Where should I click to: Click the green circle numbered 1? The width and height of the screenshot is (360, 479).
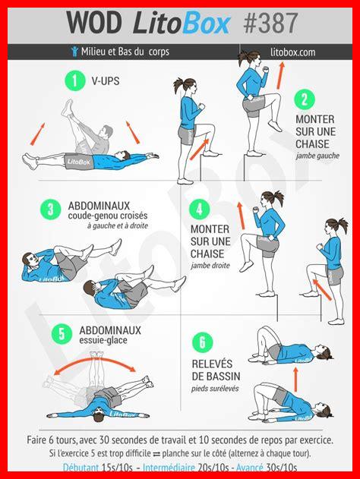point(74,80)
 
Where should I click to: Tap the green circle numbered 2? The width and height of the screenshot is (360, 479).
point(305,100)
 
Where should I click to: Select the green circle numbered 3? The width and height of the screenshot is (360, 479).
point(51,210)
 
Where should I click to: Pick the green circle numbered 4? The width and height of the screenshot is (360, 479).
point(200,210)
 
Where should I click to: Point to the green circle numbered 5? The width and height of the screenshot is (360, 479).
point(62,334)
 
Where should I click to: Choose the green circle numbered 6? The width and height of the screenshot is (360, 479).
point(202,342)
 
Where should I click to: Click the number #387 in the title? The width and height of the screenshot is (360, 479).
point(270,23)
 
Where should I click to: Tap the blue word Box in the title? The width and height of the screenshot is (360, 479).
point(207,23)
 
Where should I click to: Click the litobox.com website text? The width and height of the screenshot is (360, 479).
point(292,52)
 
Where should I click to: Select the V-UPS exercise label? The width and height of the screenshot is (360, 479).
point(106,81)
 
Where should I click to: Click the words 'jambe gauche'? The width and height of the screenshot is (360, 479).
point(317,156)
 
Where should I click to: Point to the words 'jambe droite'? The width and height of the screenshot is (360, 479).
point(210,266)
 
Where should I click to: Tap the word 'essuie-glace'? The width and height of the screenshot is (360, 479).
point(103,340)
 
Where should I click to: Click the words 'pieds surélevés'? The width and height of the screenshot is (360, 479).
point(215,389)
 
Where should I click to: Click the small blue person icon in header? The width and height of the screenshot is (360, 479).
point(74,52)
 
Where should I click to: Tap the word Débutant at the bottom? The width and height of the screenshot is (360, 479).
point(81,468)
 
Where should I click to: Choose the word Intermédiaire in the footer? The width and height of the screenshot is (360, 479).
point(169,468)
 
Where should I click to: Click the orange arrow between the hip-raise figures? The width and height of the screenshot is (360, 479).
point(295,379)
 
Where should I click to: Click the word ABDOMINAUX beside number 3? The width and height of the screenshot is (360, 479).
point(99,206)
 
